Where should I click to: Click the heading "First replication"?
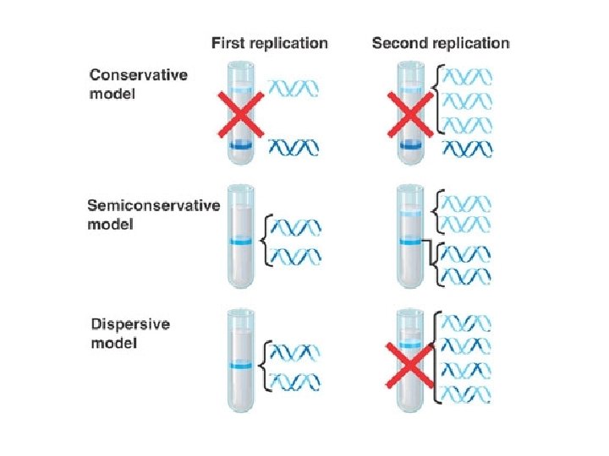pyautogui.click(x=269, y=43)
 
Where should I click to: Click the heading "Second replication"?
pyautogui.click(x=441, y=43)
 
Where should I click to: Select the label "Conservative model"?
pyautogui.click(x=139, y=84)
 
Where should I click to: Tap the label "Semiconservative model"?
pyautogui.click(x=153, y=215)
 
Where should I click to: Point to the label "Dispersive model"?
pyautogui.click(x=128, y=334)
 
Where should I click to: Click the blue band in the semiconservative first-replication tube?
pyautogui.click(x=240, y=243)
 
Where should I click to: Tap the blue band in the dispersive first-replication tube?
pyautogui.click(x=240, y=366)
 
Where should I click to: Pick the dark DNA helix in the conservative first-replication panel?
pyautogui.click(x=294, y=148)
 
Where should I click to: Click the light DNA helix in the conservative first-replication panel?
pyautogui.click(x=294, y=86)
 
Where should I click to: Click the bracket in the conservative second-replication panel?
pyautogui.click(x=436, y=101)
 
